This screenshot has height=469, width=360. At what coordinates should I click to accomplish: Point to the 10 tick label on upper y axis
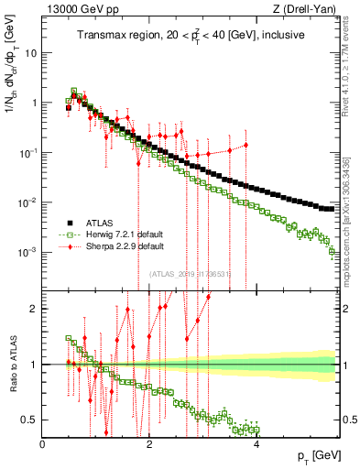pos(31,53)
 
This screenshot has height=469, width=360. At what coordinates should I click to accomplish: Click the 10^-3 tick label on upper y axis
pos(27,252)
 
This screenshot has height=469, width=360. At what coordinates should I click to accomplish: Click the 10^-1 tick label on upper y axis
pos(27,153)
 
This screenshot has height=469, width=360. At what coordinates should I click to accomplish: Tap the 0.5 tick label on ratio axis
pos(30,420)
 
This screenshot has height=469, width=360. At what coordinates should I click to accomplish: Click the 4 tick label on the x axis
pos(256,446)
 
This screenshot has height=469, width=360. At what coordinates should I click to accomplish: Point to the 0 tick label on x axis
pos(43,446)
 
